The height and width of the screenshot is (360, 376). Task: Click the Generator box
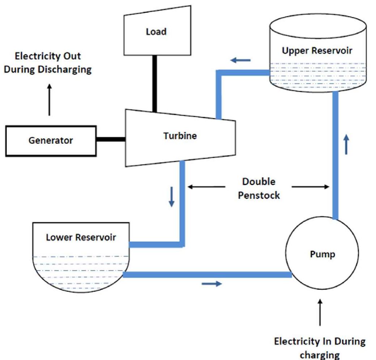pyautogui.click(x=51, y=141)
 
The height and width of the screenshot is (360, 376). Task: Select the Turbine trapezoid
pyautogui.click(x=180, y=136)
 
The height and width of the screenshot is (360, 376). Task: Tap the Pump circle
pyautogui.click(x=322, y=254)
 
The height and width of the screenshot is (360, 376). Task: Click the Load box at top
pyautogui.click(x=156, y=32)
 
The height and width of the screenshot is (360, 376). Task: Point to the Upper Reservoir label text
pyautogui.click(x=317, y=50)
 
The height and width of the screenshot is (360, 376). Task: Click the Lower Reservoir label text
pyautogui.click(x=81, y=237)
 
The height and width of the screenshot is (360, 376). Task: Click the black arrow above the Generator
pyautogui.click(x=50, y=100)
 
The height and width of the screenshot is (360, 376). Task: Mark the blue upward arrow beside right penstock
pyautogui.click(x=346, y=144)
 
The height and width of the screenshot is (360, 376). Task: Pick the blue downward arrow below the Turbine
pyautogui.click(x=171, y=198)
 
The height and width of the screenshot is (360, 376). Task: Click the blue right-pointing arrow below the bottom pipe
pyautogui.click(x=211, y=284)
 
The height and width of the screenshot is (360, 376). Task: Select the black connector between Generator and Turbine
pyautogui.click(x=111, y=138)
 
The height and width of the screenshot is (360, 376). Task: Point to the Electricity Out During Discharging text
pyautogui.click(x=47, y=63)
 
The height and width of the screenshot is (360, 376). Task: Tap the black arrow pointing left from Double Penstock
pyautogui.click(x=206, y=187)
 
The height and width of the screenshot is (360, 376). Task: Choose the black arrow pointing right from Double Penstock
pyautogui.click(x=311, y=187)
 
